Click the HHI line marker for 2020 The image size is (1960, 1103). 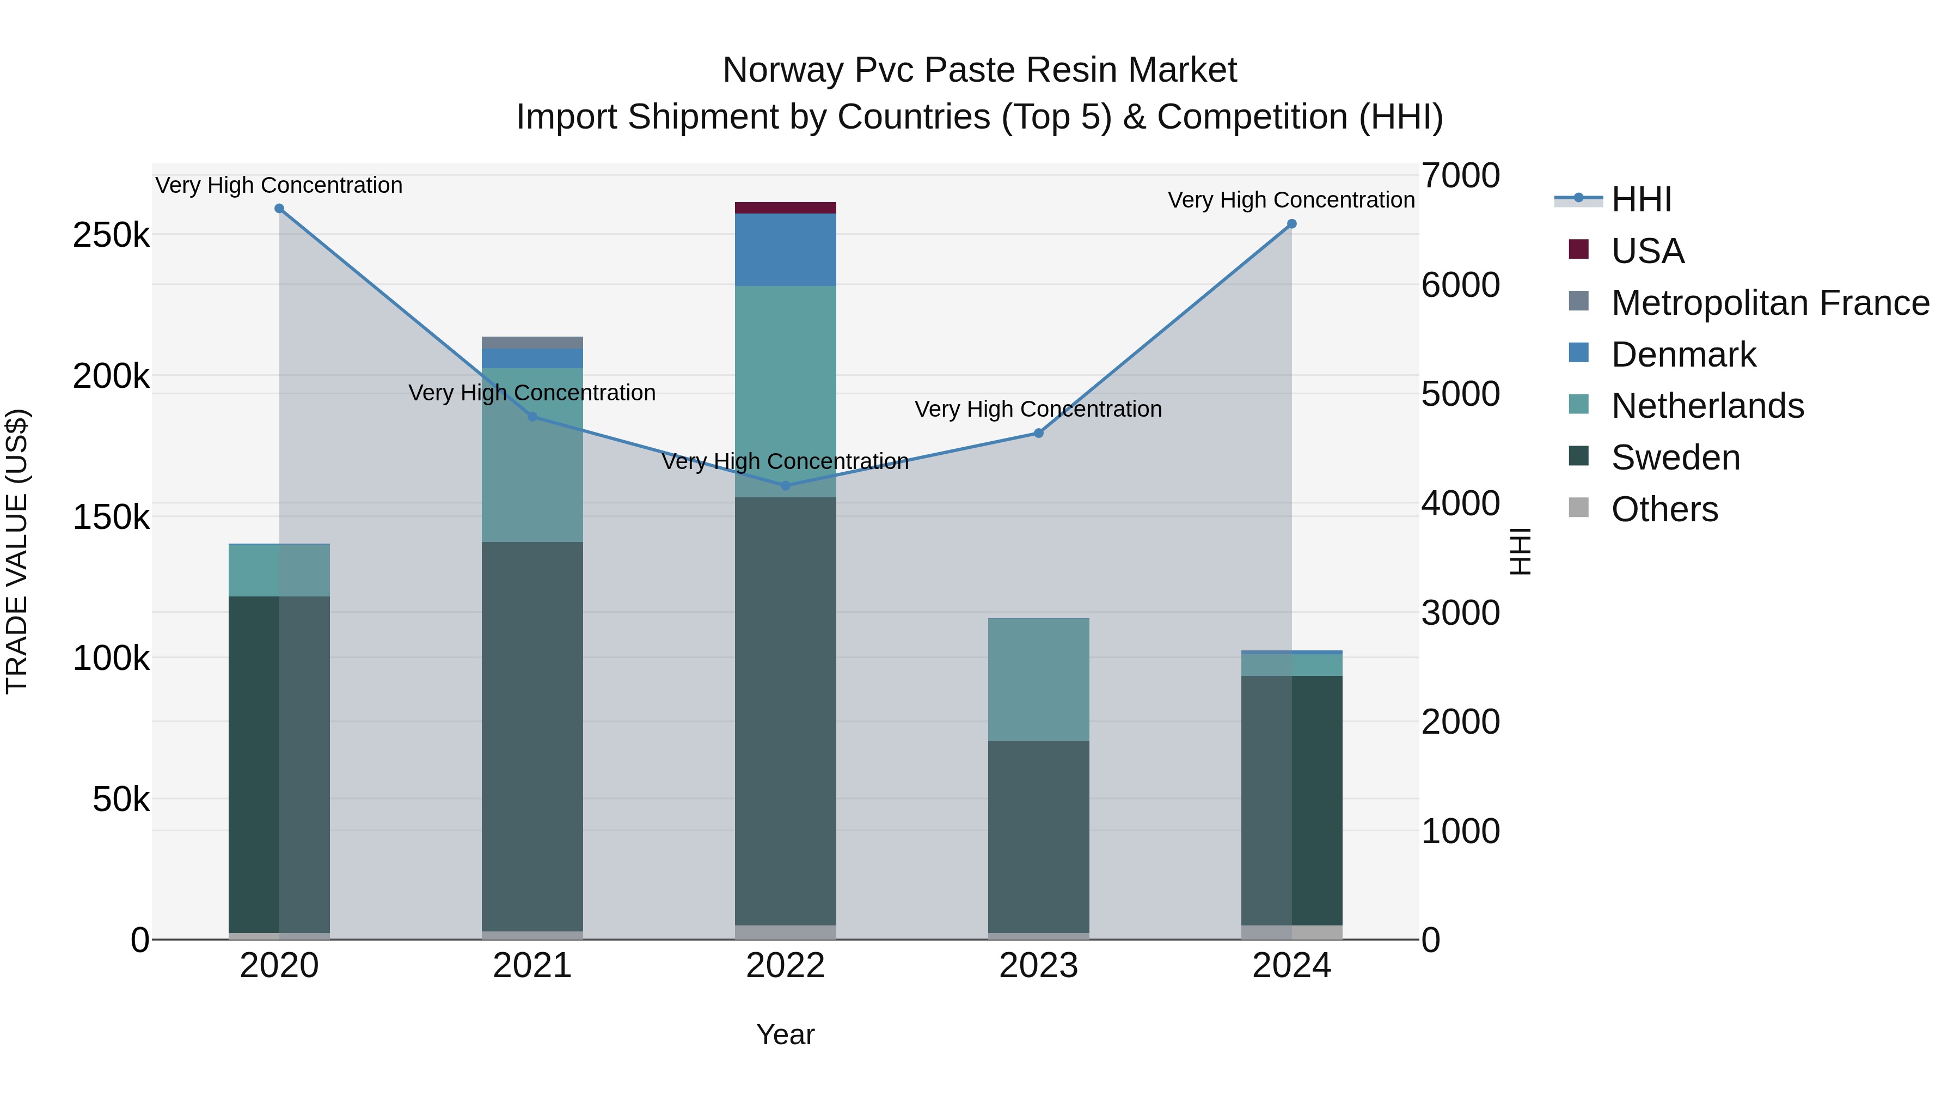coord(279,209)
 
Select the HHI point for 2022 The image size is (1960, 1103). coord(785,486)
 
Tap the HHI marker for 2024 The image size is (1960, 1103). coord(1291,224)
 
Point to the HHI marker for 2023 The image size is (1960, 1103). coord(1039,433)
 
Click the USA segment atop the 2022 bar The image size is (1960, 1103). coord(785,208)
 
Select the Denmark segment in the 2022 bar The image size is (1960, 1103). coord(785,249)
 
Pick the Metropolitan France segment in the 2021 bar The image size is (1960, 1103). coord(532,343)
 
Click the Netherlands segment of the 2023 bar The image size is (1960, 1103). coord(1039,679)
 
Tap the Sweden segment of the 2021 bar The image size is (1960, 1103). coord(532,736)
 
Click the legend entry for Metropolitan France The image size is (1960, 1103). coord(1770,303)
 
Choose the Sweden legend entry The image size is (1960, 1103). coord(1675,458)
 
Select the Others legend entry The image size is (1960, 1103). coord(1664,509)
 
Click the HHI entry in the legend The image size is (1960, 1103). coord(1641,199)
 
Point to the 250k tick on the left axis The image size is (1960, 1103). coord(111,235)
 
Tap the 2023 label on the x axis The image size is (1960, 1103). coord(1039,966)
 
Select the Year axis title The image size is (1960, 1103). coord(785,1034)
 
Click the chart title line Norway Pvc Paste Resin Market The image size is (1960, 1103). coord(979,70)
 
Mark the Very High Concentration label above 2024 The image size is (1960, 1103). coord(1291,200)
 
